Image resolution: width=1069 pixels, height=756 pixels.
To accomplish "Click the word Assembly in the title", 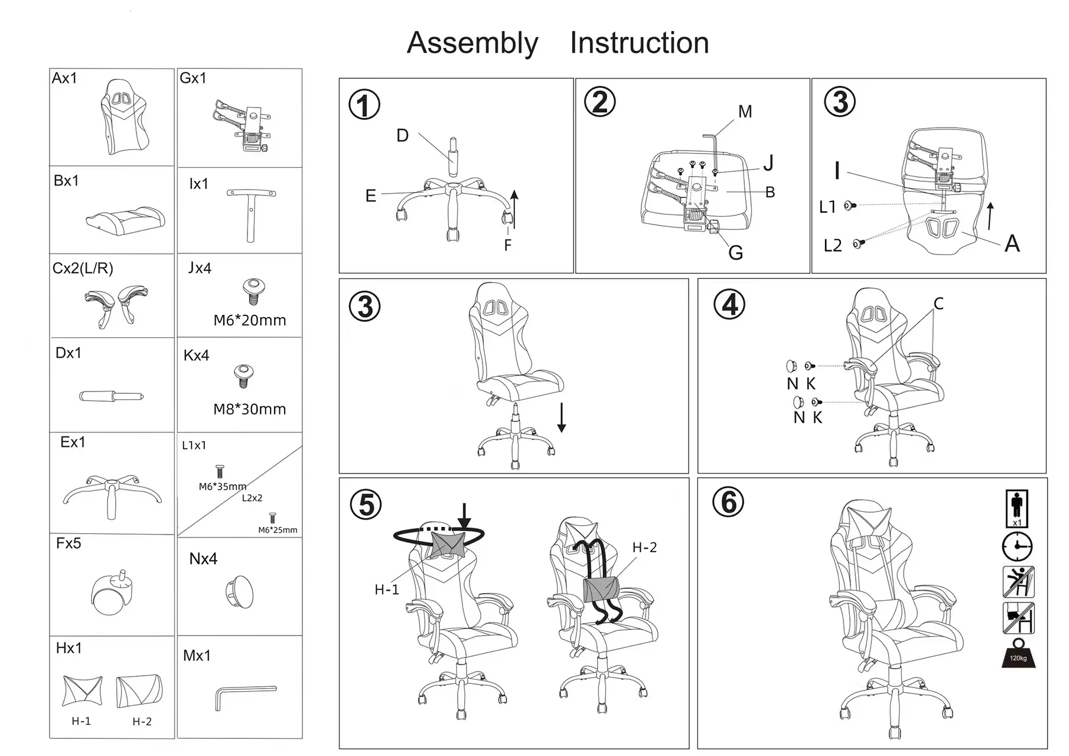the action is [472, 44].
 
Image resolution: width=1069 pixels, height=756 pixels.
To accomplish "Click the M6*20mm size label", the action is [249, 320].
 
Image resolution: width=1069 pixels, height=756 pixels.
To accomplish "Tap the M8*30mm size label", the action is [249, 409].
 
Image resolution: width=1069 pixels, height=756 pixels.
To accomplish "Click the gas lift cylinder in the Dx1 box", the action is [111, 396].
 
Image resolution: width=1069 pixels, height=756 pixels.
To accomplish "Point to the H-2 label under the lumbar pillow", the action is [142, 721].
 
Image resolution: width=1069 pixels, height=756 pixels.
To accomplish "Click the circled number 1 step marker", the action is [364, 105].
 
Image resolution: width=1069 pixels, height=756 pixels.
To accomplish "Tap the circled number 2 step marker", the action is [599, 102].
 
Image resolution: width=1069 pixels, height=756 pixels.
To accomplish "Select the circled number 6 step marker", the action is [728, 503].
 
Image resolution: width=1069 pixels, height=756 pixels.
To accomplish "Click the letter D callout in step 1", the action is [402, 136].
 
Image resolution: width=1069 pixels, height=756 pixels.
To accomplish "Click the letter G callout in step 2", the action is [735, 253].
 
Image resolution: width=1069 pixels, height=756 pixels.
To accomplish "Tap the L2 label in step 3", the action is [833, 245].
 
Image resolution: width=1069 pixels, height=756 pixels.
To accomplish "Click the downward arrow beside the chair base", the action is [562, 417].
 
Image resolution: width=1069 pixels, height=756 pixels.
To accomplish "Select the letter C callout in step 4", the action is [938, 304].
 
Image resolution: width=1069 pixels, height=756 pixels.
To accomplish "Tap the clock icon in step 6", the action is [1017, 546].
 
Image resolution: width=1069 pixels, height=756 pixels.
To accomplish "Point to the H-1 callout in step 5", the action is [387, 589].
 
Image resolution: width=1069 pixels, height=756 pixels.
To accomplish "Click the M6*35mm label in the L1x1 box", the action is [222, 487].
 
